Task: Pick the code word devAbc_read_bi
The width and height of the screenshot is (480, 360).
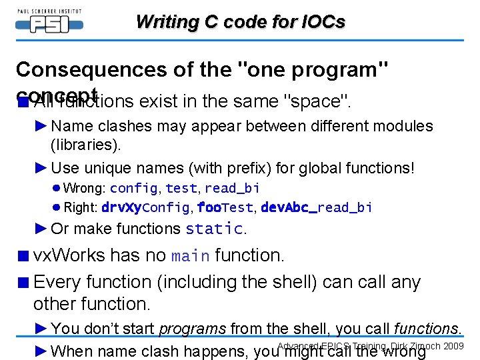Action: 316,207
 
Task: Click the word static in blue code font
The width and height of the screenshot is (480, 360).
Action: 214,229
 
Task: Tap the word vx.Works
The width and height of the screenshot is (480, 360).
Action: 69,255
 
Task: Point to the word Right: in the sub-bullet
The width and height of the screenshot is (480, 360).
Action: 80,207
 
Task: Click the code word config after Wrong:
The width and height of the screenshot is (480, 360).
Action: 133,189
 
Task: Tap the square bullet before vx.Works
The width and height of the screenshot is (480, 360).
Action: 23,256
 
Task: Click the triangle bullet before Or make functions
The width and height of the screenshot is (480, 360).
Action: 41,229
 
